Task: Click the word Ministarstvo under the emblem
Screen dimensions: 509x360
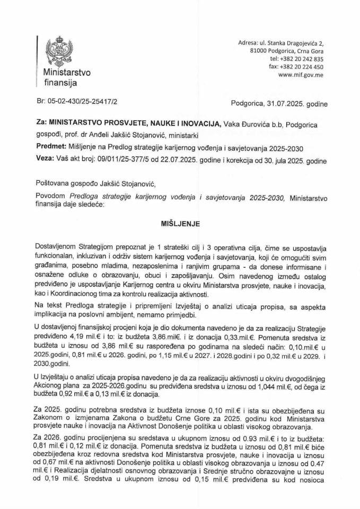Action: [63, 73]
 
